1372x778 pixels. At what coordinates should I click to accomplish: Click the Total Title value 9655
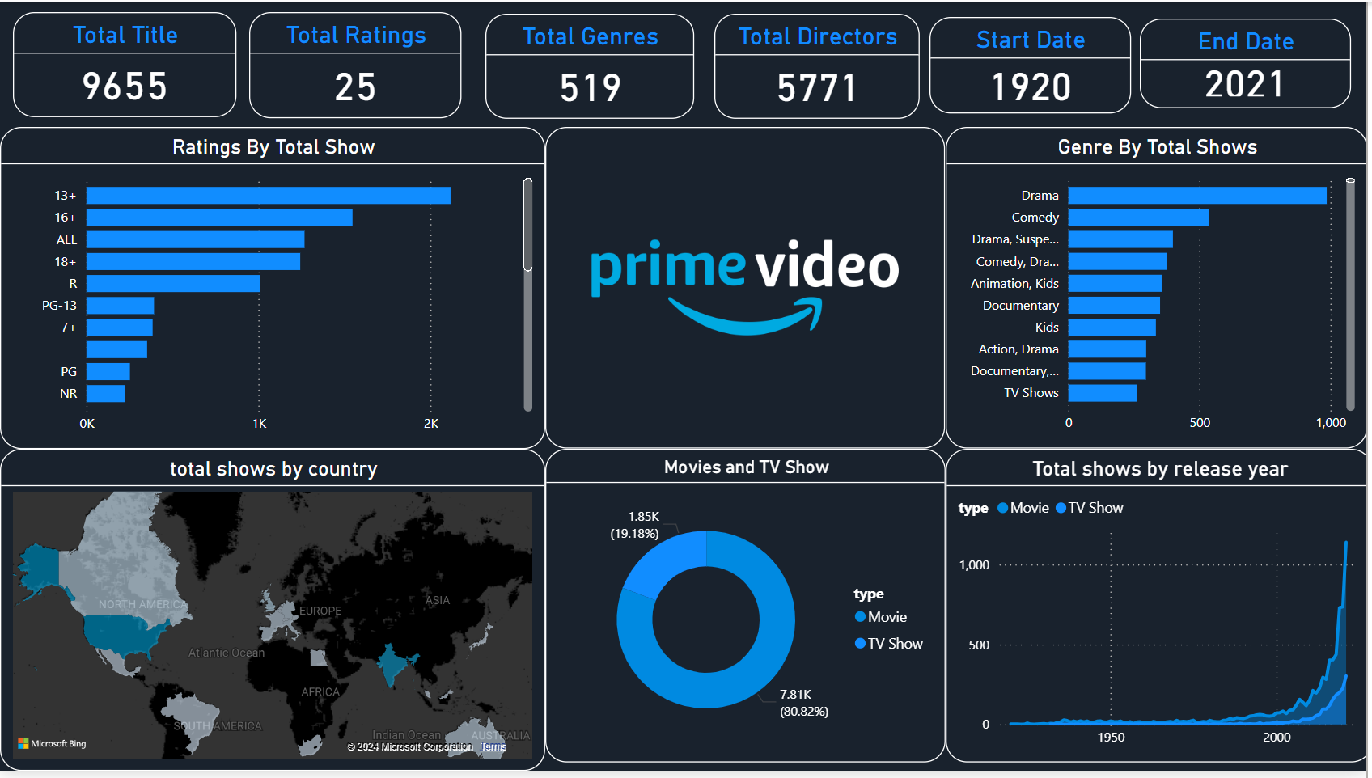coord(125,87)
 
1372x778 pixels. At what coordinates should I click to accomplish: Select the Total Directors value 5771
coord(816,88)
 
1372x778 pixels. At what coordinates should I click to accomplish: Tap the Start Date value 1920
coord(1031,87)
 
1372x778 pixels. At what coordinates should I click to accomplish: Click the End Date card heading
coord(1245,41)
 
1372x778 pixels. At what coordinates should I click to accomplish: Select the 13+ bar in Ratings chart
coord(268,196)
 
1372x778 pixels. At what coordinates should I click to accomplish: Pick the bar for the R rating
coord(173,284)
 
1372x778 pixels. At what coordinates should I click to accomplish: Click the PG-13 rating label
coord(59,306)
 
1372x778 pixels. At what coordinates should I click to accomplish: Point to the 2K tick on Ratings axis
coord(431,424)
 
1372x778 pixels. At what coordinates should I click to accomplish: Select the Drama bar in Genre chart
coord(1196,196)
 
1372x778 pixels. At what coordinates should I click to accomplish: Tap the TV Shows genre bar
coord(1103,393)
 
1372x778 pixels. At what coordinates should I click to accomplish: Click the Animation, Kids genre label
coord(1014,284)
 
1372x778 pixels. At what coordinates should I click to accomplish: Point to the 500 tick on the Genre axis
coord(1200,423)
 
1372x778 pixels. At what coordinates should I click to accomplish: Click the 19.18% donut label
coord(635,534)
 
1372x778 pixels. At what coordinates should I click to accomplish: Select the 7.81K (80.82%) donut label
coord(803,704)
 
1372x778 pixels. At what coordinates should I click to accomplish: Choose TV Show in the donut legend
coord(895,644)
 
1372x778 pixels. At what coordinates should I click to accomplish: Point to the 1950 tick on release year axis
coord(1111,738)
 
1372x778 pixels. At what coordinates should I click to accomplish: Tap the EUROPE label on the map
coord(320,611)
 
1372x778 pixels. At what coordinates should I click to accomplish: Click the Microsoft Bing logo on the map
coord(52,743)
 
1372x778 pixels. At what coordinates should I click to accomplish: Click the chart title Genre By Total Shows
coord(1157,147)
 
